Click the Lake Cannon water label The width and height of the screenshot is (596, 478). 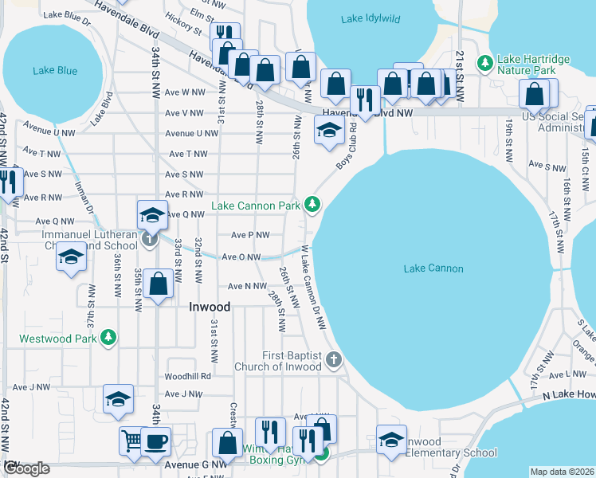pos(433,268)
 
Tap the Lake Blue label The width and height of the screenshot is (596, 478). pos(55,71)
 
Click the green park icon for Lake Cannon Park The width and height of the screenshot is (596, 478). pos(313,206)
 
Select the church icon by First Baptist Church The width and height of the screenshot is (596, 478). pos(335,360)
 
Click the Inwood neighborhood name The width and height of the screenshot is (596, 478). pos(210,307)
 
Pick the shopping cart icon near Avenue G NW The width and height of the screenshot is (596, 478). pos(132,440)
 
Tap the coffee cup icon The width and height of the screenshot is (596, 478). pos(155,440)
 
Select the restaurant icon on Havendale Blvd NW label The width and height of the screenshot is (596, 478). pos(364,99)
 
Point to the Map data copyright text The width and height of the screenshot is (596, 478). pos(561,472)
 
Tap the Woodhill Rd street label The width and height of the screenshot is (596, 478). pos(187,375)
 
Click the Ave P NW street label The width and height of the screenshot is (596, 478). pos(250,235)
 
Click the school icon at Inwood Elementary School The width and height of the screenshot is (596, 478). pos(391,441)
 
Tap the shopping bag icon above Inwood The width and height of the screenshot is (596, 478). pos(159,284)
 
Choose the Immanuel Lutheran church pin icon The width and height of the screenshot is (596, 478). pos(150,239)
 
